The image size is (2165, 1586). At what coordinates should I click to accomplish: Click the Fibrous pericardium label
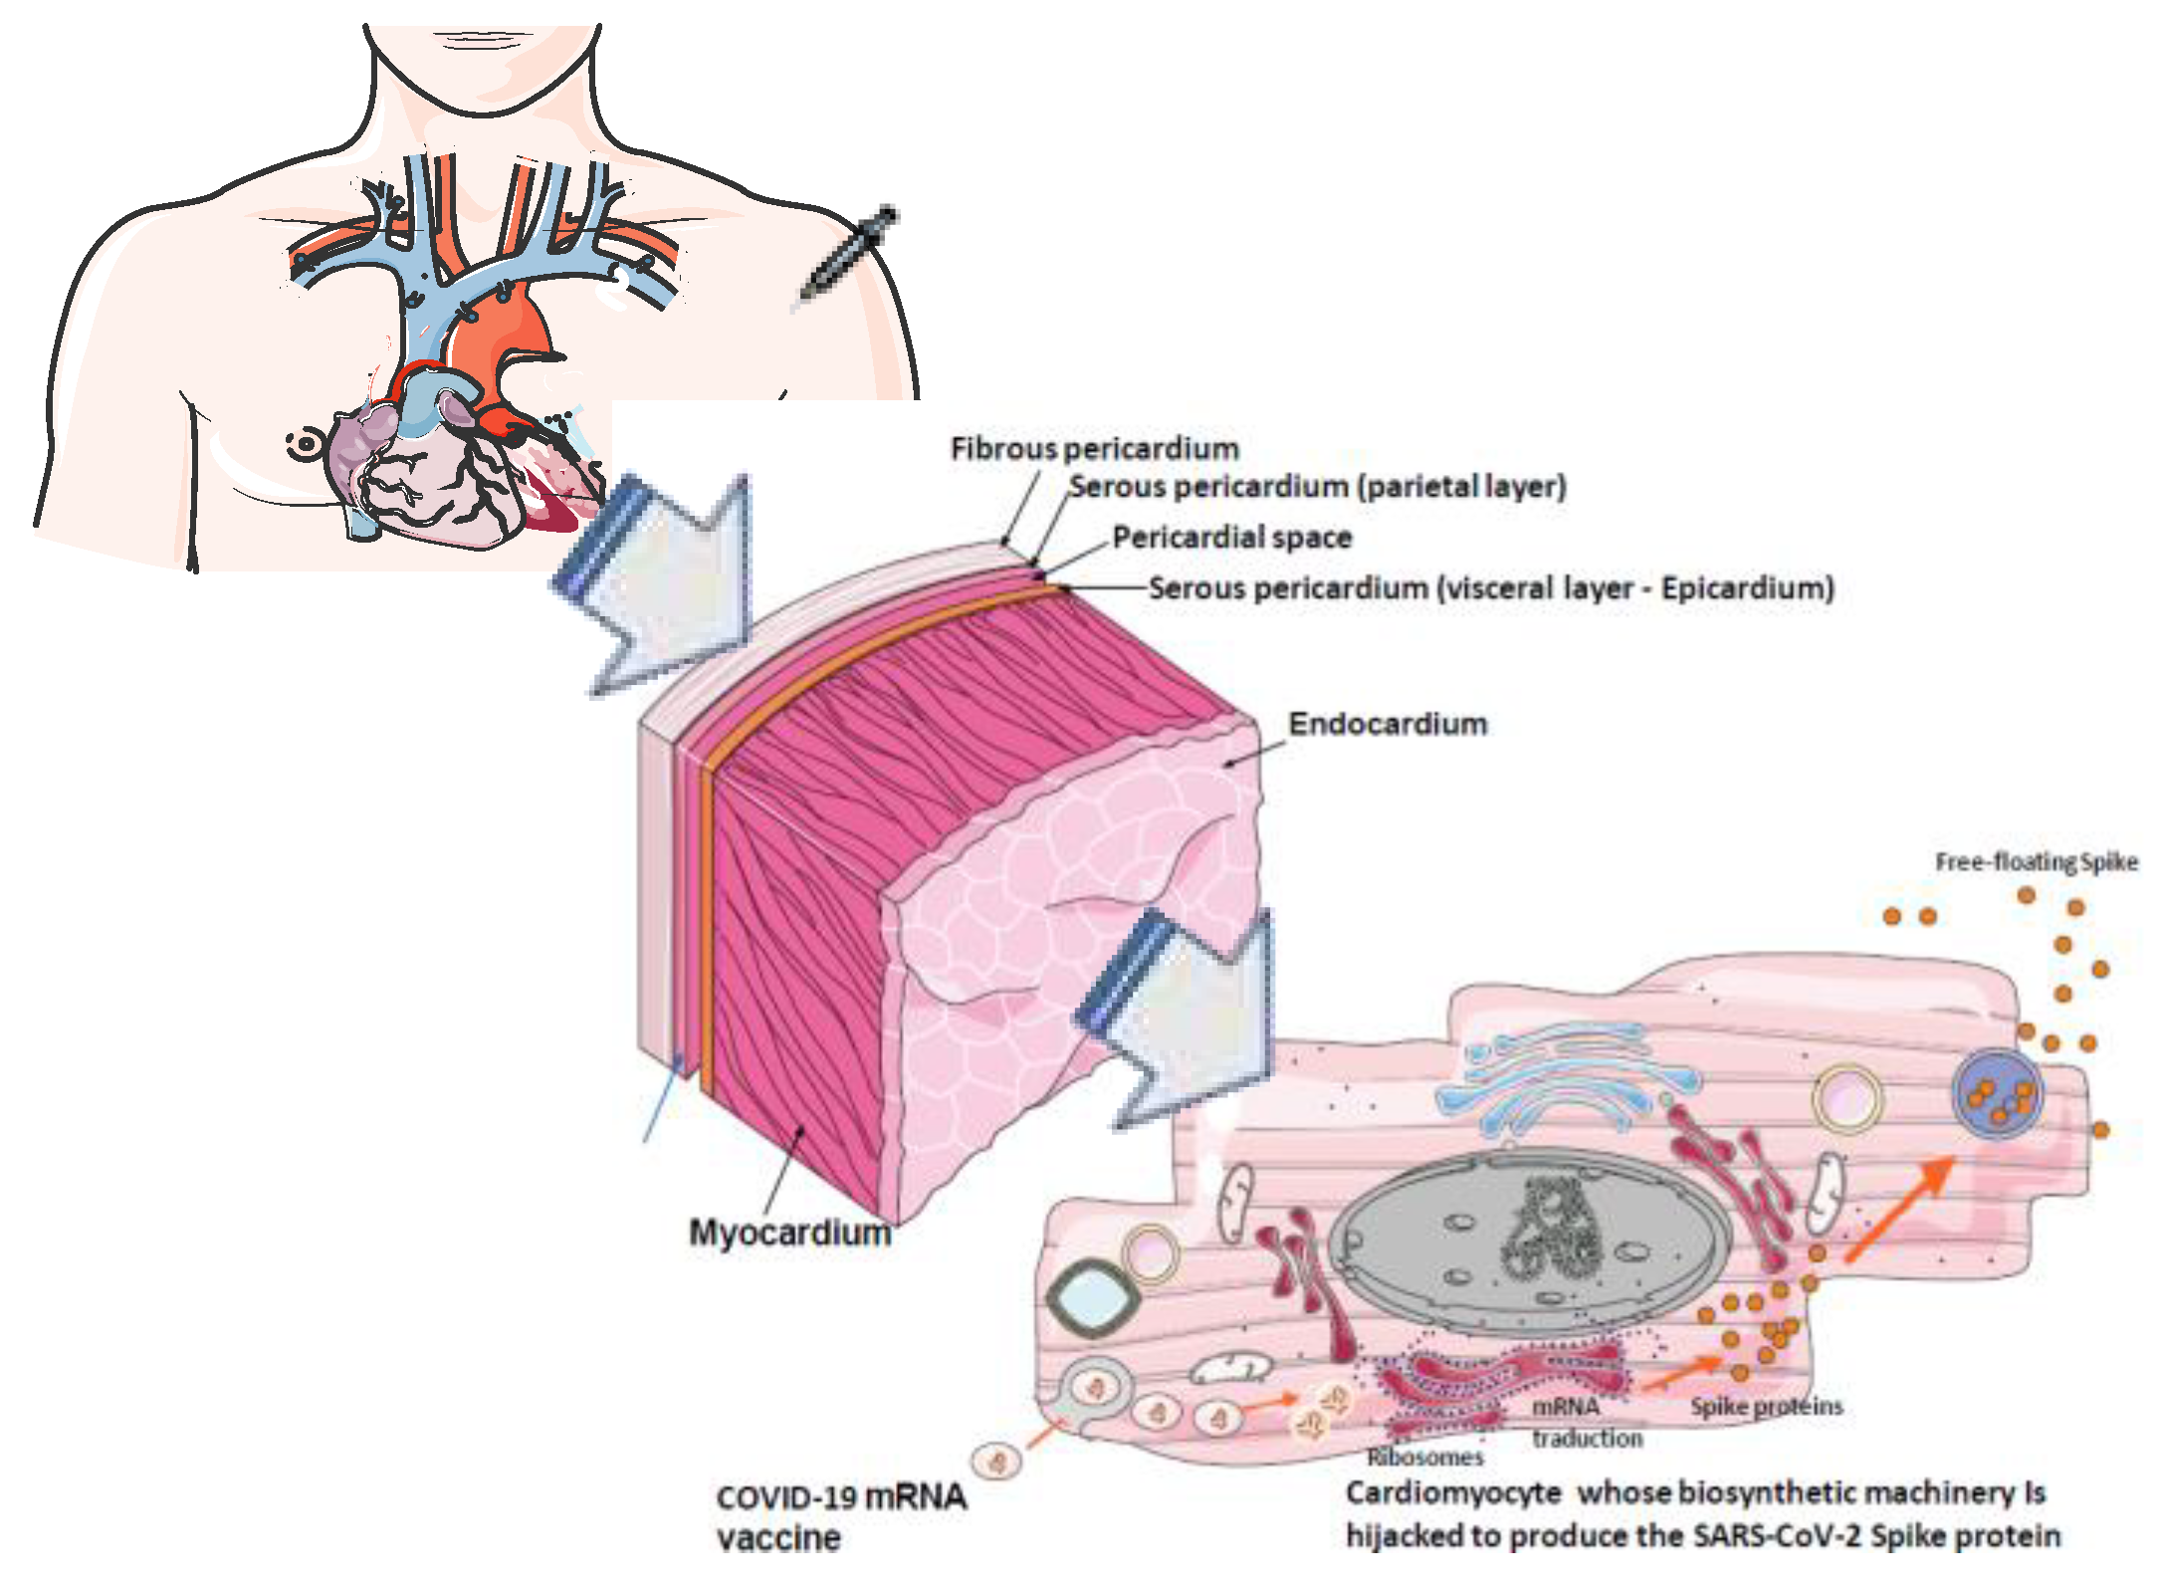click(x=1094, y=449)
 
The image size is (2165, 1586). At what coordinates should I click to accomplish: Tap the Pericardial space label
click(x=1231, y=538)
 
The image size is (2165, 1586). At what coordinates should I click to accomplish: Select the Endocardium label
click(x=1387, y=724)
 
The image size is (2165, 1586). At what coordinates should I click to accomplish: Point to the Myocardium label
click(x=789, y=1233)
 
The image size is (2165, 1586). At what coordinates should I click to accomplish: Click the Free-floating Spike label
click(x=2036, y=862)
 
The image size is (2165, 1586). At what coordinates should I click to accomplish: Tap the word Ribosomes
click(x=1424, y=1458)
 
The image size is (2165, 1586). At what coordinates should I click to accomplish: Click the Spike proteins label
click(x=1766, y=1407)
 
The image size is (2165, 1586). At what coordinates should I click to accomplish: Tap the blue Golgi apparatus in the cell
click(x=1563, y=1080)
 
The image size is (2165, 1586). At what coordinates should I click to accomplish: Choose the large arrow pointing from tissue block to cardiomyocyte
click(x=1185, y=1016)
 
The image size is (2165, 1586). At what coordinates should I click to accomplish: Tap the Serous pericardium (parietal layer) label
click(x=1317, y=487)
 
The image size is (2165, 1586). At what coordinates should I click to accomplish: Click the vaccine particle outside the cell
click(x=996, y=1461)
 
